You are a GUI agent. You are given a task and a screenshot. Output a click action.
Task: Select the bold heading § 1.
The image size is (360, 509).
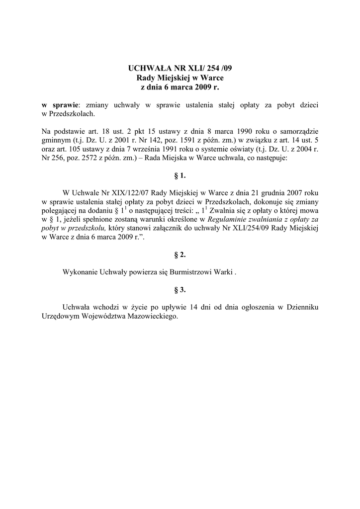click(x=180, y=175)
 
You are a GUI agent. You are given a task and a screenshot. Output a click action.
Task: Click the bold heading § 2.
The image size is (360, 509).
click(x=180, y=254)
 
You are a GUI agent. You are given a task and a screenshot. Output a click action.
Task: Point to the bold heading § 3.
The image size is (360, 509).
click(x=180, y=289)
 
